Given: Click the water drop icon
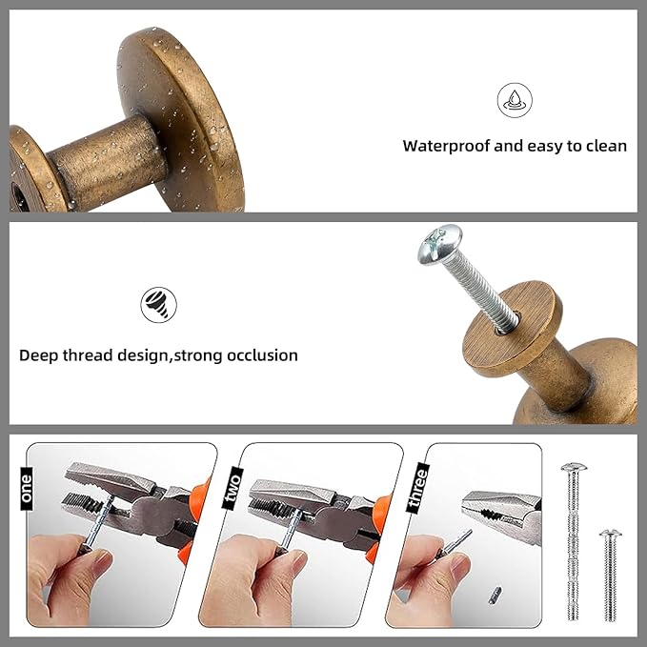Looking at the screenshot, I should (515, 100).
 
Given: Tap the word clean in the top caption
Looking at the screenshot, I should (604, 146).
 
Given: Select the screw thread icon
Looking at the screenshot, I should (158, 305).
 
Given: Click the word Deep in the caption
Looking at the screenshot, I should (39, 355).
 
